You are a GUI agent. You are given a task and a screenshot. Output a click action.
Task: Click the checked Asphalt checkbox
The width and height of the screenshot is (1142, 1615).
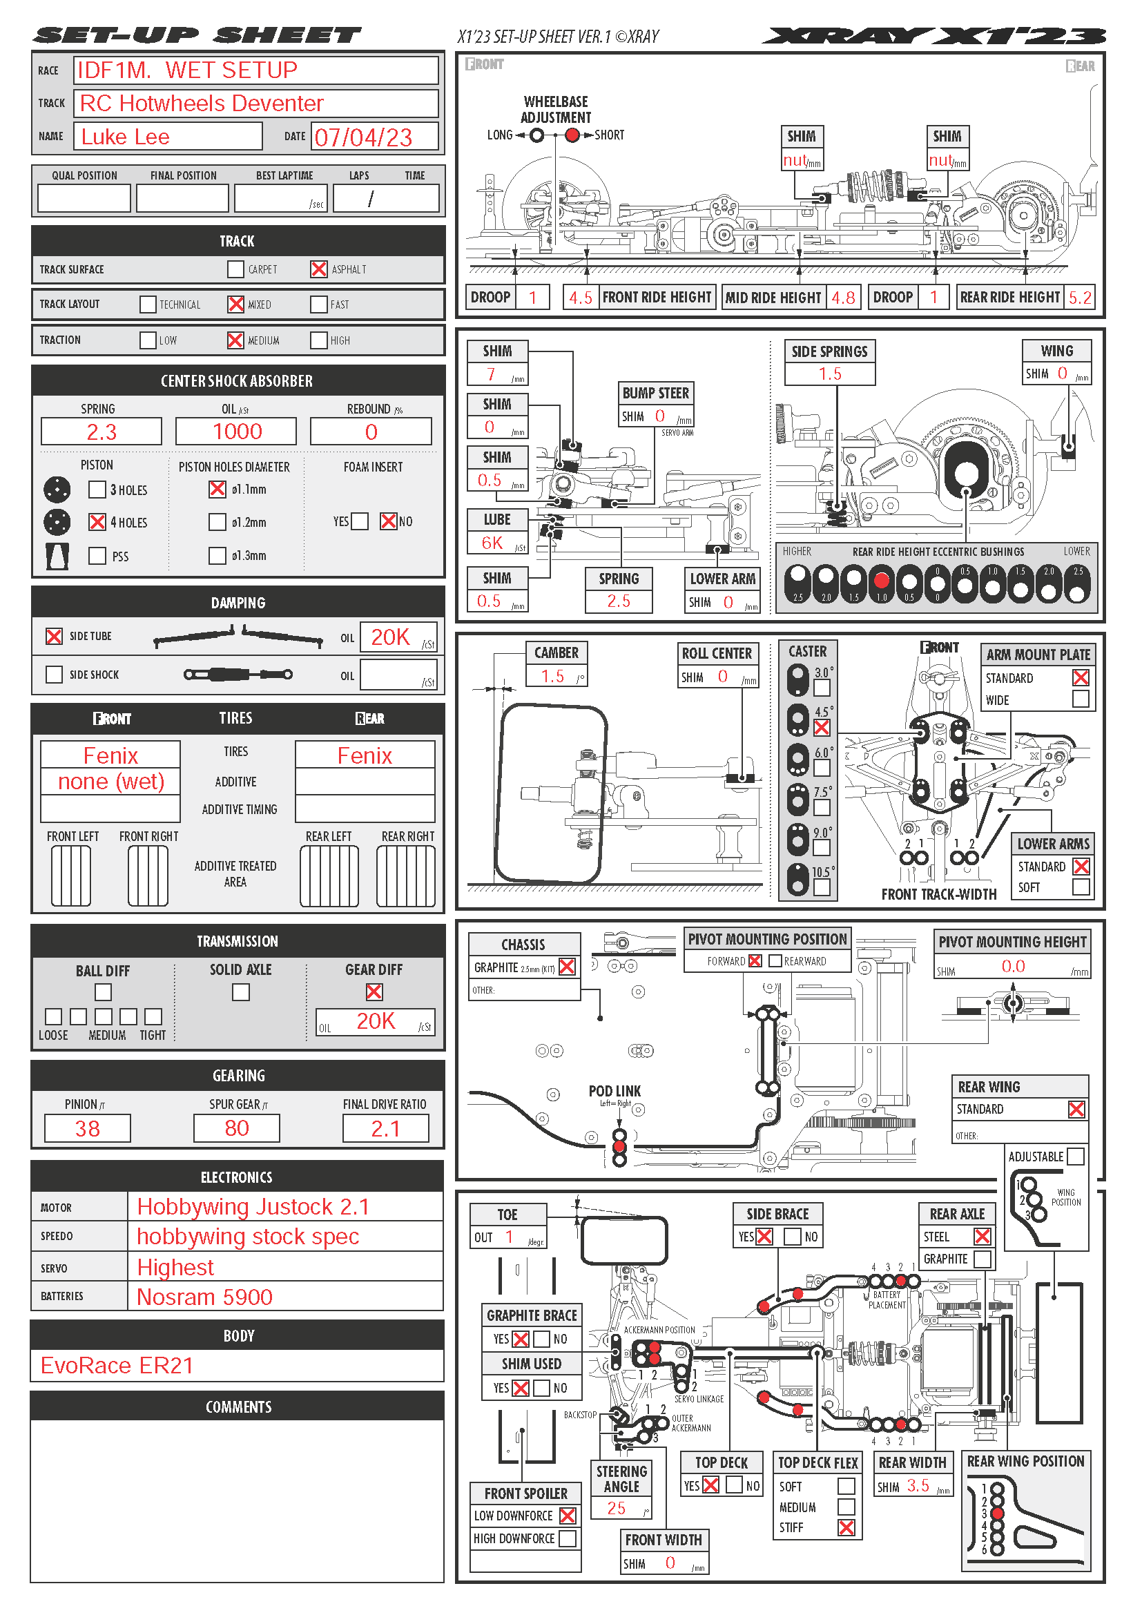click(x=318, y=269)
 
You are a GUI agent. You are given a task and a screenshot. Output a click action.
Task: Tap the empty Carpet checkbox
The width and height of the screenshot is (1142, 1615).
click(x=235, y=269)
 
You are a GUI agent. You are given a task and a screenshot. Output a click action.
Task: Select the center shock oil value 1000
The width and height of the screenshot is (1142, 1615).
click(x=237, y=431)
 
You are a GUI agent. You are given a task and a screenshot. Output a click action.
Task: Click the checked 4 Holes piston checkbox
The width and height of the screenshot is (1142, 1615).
click(x=97, y=522)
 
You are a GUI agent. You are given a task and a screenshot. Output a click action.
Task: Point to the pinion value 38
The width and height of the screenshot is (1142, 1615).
click(x=87, y=1128)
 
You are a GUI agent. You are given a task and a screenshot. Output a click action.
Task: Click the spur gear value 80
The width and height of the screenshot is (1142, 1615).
click(x=237, y=1128)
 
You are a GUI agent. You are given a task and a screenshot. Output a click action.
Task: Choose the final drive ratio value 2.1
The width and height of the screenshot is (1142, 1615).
click(x=385, y=1128)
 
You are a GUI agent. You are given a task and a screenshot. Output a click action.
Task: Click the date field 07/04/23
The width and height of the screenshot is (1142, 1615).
click(x=364, y=137)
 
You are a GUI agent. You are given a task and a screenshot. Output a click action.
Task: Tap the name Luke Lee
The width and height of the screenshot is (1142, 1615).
click(x=126, y=137)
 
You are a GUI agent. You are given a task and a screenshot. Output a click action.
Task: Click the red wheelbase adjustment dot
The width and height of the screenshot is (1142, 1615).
click(x=572, y=135)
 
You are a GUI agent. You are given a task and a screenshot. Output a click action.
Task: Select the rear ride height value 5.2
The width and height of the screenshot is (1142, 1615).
click(x=1079, y=297)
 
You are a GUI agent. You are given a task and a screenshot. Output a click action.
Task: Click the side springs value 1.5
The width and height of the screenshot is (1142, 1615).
click(x=830, y=374)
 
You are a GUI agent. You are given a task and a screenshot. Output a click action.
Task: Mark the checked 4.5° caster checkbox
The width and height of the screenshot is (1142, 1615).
click(x=822, y=728)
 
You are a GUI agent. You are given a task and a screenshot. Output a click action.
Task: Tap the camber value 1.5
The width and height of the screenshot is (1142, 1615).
click(x=553, y=676)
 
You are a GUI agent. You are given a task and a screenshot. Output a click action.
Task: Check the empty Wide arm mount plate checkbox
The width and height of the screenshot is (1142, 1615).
click(x=1080, y=699)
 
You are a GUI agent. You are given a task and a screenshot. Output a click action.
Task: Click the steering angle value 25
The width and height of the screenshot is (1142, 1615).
click(x=617, y=1507)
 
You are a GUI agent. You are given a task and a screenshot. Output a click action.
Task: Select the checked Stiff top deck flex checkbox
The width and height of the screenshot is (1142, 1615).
click(x=846, y=1527)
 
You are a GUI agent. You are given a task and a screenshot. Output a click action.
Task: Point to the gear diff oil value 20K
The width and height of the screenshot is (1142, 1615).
click(x=376, y=1021)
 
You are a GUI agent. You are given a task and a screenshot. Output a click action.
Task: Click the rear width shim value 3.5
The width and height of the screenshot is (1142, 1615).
click(x=918, y=1485)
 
